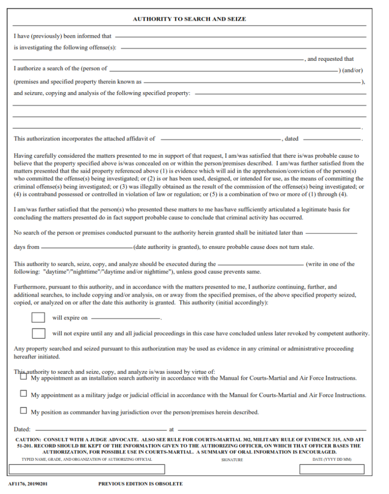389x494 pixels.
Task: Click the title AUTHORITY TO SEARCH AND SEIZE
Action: pos(189,19)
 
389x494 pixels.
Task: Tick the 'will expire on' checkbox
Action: pos(38,317)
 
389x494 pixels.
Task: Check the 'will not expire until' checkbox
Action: pos(38,333)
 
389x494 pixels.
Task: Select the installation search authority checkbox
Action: pos(24,377)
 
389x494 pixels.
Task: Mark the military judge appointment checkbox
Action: pos(24,394)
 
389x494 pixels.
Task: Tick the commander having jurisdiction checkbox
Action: pos(24,411)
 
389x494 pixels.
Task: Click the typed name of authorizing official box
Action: pos(86,469)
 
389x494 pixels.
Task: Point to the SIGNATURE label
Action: pos(232,460)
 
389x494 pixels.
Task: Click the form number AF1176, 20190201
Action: pos(28,483)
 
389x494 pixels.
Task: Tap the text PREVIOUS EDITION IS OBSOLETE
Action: pos(140,483)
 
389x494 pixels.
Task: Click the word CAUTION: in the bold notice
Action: pos(28,440)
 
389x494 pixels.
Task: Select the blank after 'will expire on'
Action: pos(125,319)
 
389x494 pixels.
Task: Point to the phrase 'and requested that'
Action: pos(331,59)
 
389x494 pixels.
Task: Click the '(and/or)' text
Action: pos(352,70)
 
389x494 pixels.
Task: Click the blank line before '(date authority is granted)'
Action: pos(86,248)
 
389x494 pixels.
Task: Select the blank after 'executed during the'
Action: pos(261,265)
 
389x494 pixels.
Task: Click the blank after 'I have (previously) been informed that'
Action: pos(240,37)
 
